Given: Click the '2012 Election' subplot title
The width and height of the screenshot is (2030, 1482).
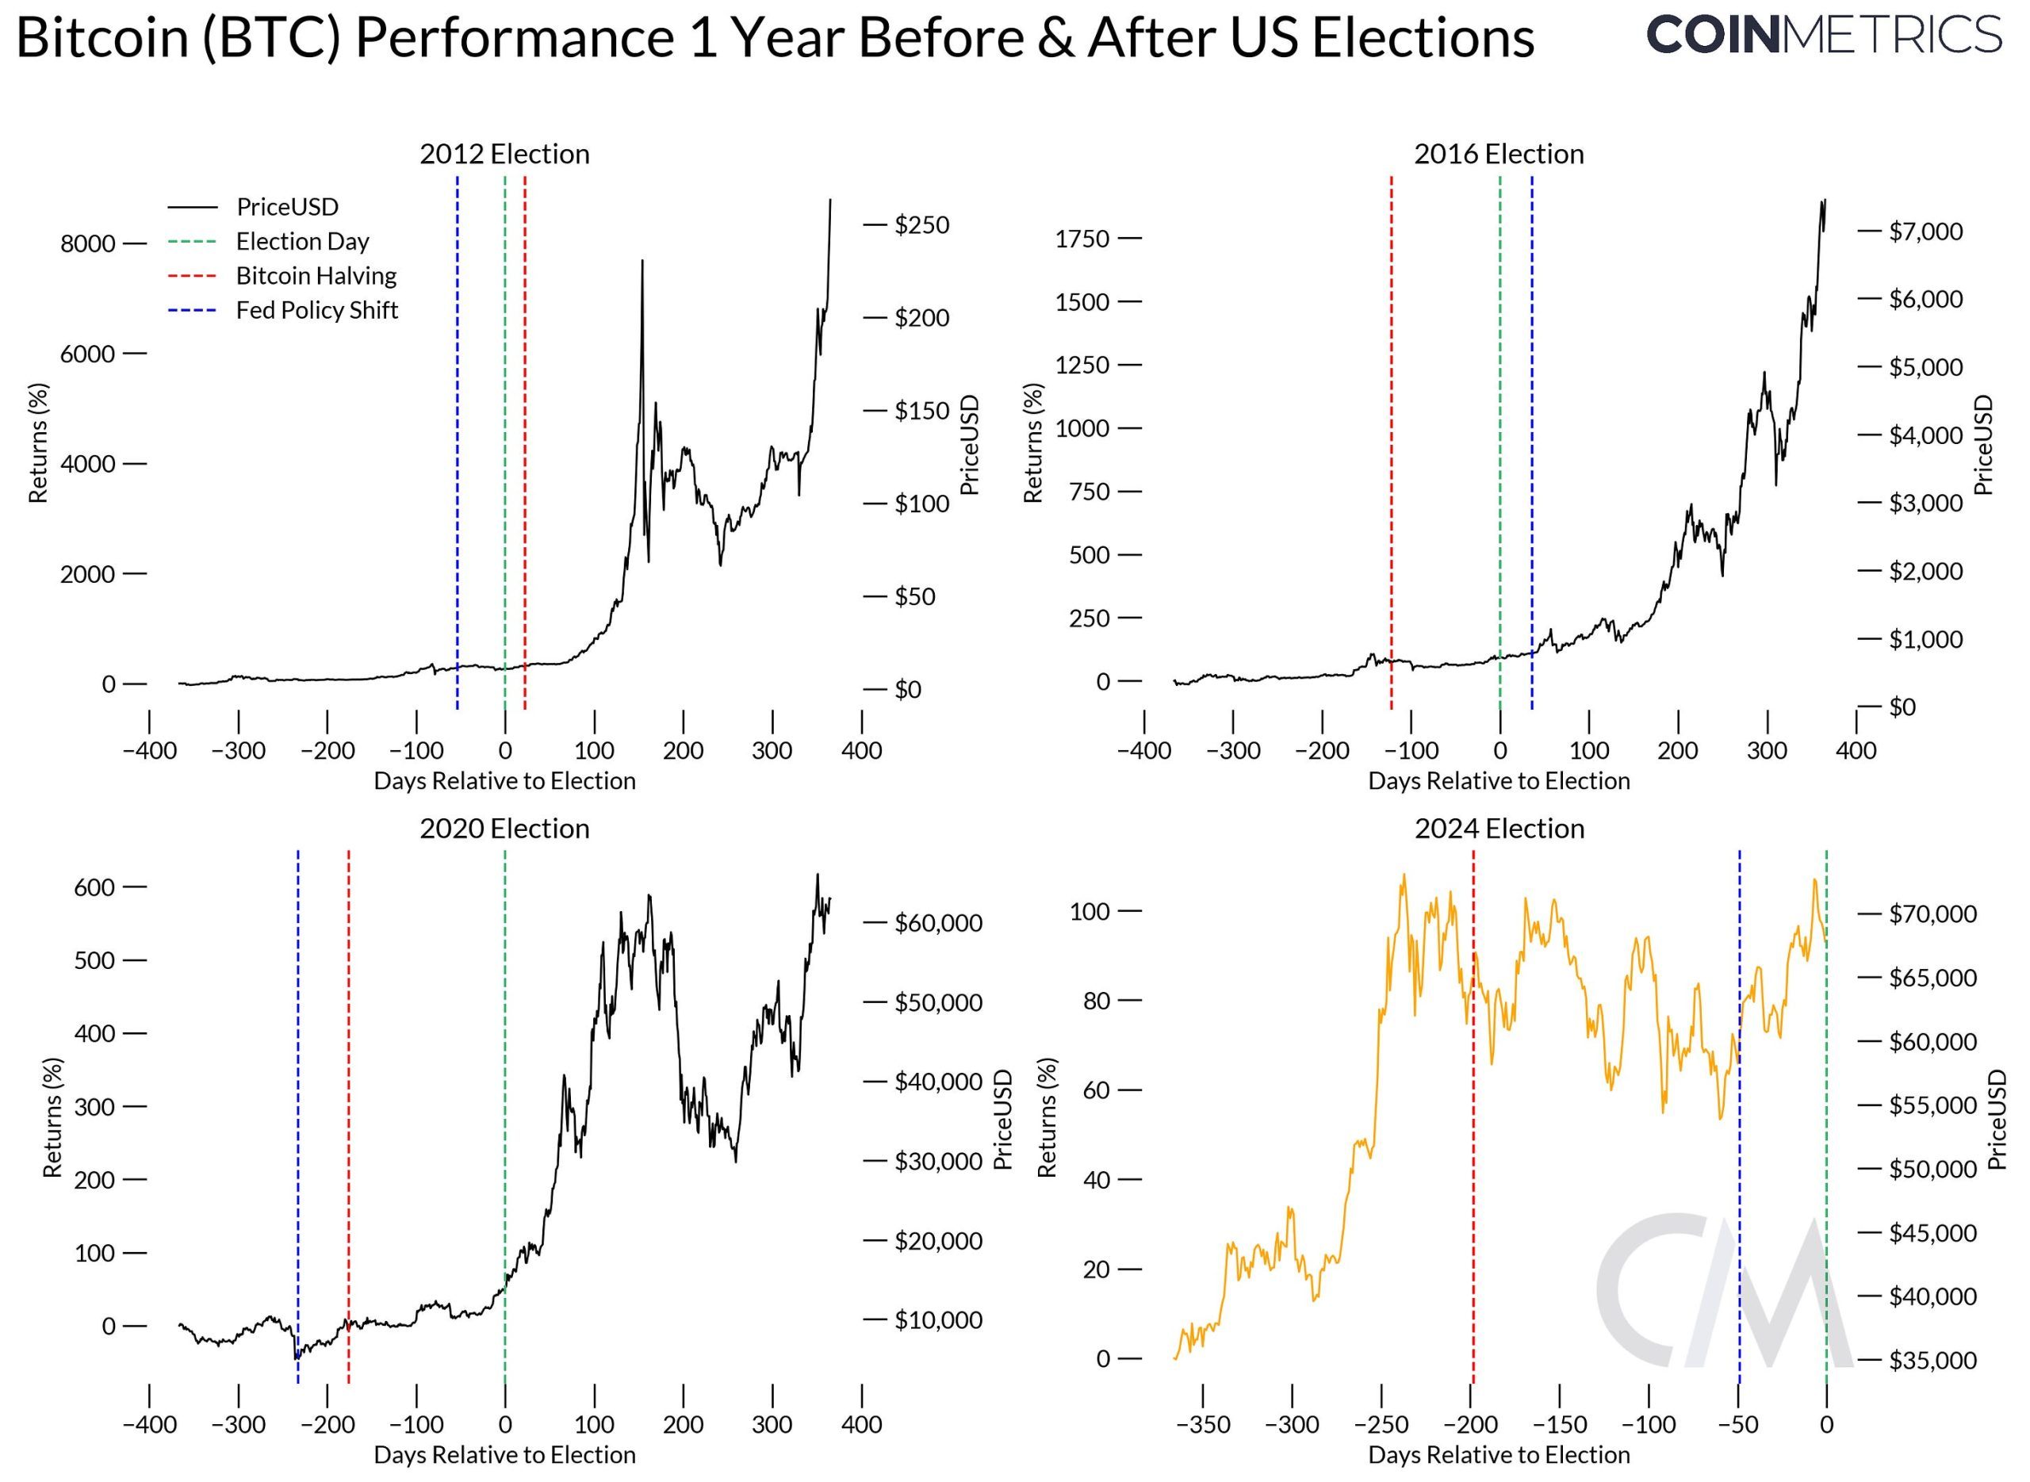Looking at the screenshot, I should click(x=504, y=155).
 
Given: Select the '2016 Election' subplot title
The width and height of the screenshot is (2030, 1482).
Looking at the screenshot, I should click(x=1498, y=155).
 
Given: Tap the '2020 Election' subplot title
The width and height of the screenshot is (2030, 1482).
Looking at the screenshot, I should click(x=504, y=828).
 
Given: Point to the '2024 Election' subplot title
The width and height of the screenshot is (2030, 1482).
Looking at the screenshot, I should click(x=1499, y=828).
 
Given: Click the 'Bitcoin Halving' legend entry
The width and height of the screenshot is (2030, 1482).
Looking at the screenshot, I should click(x=316, y=276).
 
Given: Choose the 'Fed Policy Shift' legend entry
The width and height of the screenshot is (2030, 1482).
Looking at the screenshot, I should click(x=316, y=310).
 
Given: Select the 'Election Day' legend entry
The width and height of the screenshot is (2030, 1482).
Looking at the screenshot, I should click(x=302, y=241).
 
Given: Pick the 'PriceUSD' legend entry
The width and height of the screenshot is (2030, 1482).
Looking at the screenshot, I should click(x=287, y=207).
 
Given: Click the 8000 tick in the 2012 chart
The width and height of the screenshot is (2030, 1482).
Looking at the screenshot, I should click(x=88, y=244).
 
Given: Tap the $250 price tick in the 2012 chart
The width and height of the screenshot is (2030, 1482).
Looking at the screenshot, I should click(x=921, y=225).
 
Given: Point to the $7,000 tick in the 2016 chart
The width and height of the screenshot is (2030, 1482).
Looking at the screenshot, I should click(x=1925, y=232).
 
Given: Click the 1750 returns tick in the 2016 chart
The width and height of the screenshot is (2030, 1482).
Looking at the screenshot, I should click(x=1082, y=239).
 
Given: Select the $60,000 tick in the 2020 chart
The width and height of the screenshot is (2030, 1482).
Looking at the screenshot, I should click(x=937, y=923).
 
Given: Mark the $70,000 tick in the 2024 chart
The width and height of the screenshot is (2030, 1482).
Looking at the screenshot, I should click(x=1932, y=914).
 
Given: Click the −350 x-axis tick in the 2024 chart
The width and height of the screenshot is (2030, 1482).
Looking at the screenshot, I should click(x=1202, y=1425).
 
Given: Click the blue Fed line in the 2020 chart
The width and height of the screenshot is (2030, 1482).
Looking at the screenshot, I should click(x=298, y=1077).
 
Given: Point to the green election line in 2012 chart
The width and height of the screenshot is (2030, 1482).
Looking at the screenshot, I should click(x=505, y=449).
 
